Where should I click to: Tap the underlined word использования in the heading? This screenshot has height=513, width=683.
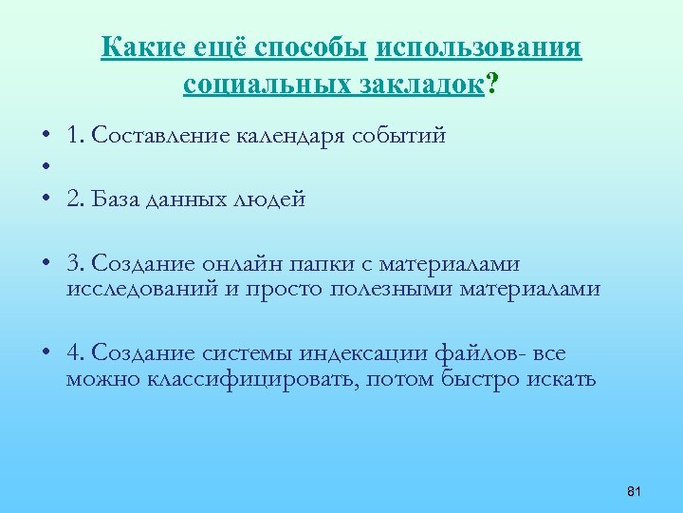click(479, 47)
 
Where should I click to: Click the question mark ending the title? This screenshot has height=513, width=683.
click(492, 85)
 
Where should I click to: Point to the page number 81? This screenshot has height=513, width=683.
click(635, 491)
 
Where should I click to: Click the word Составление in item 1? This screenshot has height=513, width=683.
click(160, 136)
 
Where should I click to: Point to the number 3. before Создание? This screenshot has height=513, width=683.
click(76, 262)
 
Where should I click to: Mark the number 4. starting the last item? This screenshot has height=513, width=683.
click(76, 353)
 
